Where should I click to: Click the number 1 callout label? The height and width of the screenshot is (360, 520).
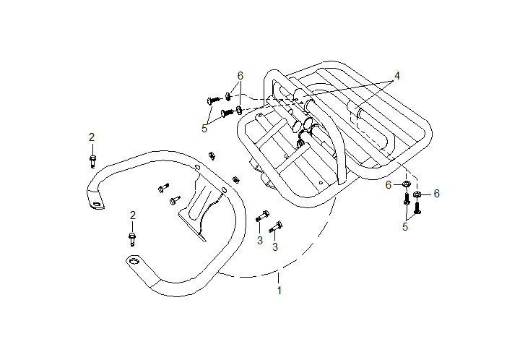(279, 291)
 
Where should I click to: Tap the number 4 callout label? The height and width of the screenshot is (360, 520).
(396, 76)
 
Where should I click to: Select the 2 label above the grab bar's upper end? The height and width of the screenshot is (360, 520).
(92, 137)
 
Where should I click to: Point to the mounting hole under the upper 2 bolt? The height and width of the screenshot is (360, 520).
(95, 205)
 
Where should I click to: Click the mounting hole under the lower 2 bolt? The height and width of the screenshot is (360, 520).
(131, 260)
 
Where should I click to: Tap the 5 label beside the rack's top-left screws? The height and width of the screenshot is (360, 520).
(204, 129)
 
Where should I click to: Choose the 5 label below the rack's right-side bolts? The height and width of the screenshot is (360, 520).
(405, 227)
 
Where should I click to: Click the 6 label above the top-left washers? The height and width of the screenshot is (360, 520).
(240, 76)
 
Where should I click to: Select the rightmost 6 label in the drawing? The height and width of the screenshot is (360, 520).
(436, 194)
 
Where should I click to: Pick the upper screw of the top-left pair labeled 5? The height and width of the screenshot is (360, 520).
(214, 98)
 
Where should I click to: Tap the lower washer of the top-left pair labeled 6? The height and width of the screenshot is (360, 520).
(239, 111)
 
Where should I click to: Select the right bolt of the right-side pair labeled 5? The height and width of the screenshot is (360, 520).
(417, 207)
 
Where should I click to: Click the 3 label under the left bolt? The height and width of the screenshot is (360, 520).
(259, 241)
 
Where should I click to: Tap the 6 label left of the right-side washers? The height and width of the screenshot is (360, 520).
(388, 186)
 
